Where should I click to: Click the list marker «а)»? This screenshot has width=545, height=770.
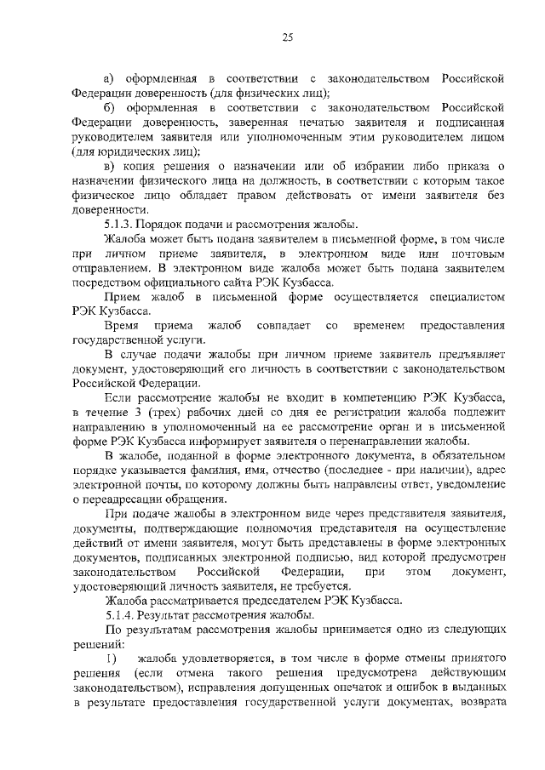coord(109,79)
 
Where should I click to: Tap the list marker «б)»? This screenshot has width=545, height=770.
coord(109,108)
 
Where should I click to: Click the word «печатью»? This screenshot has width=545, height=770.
coord(282,123)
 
